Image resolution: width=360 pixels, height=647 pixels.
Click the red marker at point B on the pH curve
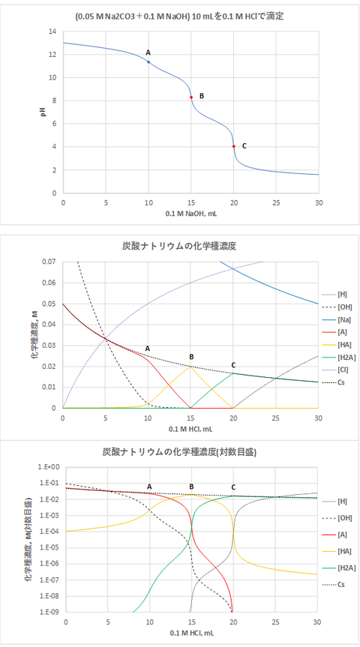(191, 97)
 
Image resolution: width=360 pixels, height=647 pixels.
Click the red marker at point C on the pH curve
(234, 146)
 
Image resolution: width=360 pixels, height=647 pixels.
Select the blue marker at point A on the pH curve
(148, 62)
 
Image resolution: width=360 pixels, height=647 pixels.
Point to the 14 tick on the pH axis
(52, 31)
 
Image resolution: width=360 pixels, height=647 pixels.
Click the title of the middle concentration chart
(178, 245)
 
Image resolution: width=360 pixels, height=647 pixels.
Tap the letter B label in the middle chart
(191, 357)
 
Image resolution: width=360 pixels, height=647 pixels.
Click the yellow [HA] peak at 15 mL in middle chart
(191, 367)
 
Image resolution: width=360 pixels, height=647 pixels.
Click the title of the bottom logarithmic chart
(178, 453)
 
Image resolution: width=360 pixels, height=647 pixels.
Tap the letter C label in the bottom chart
(233, 487)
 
